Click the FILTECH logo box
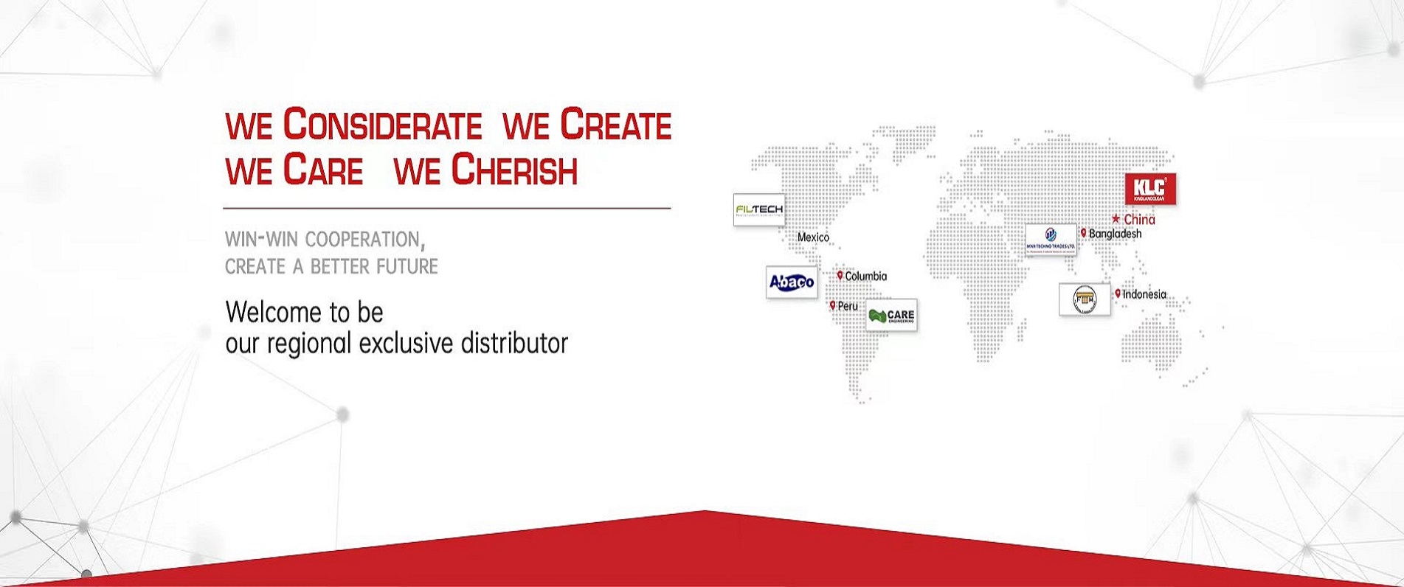point(758,210)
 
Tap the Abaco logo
point(792,282)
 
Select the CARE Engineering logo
point(891,315)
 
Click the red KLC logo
point(1149,190)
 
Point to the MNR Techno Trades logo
point(1051,240)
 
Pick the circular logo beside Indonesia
point(1085,299)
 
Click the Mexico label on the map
point(813,237)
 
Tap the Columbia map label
point(866,276)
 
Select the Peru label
point(848,306)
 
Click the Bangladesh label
point(1115,234)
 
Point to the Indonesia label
point(1144,294)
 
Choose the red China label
point(1139,219)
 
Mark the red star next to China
point(1116,219)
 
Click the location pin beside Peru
point(833,305)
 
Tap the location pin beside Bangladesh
point(1083,233)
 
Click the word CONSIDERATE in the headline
point(382,125)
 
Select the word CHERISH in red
point(514,170)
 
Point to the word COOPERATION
point(362,240)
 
